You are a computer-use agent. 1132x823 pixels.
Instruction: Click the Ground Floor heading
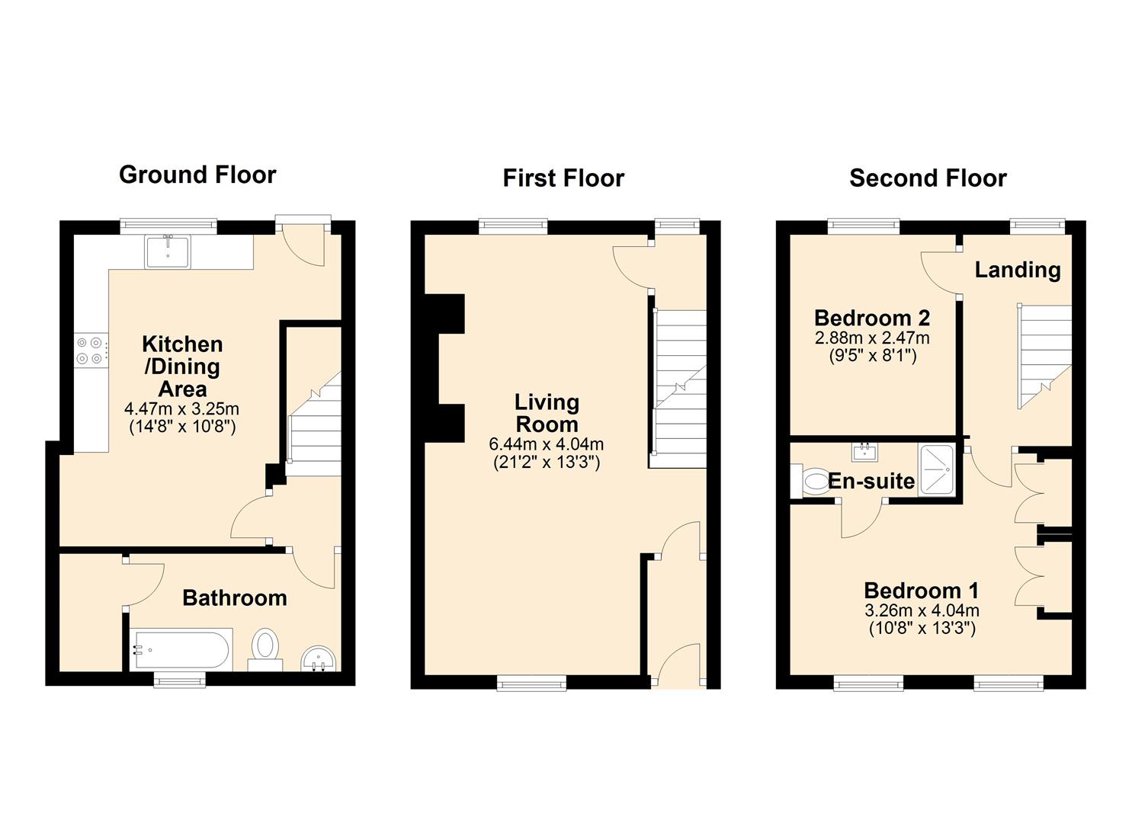[197, 175]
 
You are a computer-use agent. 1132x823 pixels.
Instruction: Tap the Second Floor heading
[928, 178]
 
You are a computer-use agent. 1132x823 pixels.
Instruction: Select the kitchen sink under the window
[167, 251]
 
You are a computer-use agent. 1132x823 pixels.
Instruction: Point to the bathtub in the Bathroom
[181, 650]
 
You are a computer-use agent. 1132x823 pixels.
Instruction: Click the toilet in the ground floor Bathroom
[265, 650]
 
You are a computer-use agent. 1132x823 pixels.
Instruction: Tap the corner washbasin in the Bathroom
[319, 660]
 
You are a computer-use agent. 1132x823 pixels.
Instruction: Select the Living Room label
[547, 413]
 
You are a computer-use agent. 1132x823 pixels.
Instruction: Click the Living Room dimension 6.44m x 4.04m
[547, 444]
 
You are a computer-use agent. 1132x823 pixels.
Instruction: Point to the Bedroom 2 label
[872, 319]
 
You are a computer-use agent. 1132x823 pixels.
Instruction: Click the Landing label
[1018, 271]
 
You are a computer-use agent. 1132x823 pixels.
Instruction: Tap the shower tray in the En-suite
[938, 469]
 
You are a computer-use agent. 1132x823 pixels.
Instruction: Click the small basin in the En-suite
[866, 452]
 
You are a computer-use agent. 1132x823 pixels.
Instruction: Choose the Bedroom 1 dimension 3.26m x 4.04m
[922, 610]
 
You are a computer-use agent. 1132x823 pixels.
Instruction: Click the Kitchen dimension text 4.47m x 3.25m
[182, 408]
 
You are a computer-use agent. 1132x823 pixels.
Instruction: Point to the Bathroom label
[235, 597]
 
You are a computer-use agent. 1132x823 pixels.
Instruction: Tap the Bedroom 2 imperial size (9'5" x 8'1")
[872, 356]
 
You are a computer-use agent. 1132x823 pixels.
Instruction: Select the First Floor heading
[563, 178]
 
